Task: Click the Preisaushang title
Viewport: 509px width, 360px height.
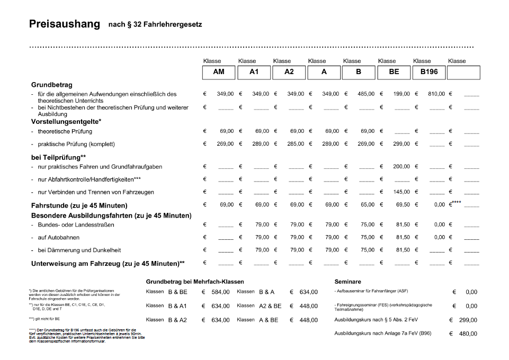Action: (x=64, y=24)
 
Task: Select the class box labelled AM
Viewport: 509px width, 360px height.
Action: (x=219, y=72)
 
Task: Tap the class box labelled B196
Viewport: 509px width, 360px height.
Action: (x=428, y=72)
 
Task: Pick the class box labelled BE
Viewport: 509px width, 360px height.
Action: (x=394, y=72)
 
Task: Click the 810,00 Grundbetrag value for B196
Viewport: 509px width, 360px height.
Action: (x=436, y=94)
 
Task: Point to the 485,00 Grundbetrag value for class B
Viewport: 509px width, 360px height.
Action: (x=366, y=94)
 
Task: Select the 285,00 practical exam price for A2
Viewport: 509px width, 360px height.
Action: (x=296, y=144)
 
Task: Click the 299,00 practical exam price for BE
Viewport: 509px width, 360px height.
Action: (x=401, y=144)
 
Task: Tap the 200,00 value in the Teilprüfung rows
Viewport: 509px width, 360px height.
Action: (x=401, y=167)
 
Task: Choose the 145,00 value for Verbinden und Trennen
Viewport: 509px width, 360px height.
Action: (x=401, y=192)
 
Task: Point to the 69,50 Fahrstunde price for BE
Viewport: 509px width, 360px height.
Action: (x=403, y=205)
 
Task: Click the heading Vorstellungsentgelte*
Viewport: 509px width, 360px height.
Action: (x=66, y=122)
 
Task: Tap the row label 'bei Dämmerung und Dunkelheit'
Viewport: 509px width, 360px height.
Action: (x=79, y=250)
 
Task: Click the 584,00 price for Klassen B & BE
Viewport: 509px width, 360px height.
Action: (x=220, y=292)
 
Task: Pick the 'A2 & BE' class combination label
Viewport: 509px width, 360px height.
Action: (x=270, y=306)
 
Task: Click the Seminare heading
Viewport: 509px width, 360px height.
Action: (x=347, y=282)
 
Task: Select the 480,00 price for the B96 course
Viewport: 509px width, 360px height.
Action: (x=468, y=334)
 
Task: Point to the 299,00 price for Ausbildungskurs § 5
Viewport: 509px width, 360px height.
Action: (x=468, y=320)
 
